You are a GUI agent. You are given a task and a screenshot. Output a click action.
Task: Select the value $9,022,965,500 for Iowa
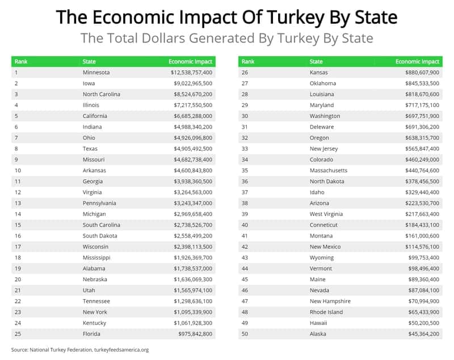pyautogui.click(x=192, y=83)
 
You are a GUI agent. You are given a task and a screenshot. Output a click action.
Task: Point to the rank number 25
pyautogui.click(x=18, y=334)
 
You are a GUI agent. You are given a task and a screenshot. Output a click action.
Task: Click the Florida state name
pyautogui.click(x=91, y=334)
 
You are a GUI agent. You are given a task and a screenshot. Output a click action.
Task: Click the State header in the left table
pyautogui.click(x=89, y=61)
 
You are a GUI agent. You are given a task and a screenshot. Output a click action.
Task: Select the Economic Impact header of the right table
pyautogui.click(x=417, y=61)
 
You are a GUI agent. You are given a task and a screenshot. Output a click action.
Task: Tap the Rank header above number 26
pyautogui.click(x=248, y=61)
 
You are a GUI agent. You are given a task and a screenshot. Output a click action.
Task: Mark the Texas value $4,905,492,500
pyautogui.click(x=192, y=149)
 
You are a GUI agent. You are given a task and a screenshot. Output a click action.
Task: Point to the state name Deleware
pyautogui.click(x=322, y=127)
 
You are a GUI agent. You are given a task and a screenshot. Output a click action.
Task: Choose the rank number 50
pyautogui.click(x=245, y=334)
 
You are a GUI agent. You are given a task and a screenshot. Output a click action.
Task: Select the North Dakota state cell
pyautogui.click(x=327, y=181)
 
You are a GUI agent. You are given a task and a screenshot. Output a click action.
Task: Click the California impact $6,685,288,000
pyautogui.click(x=192, y=116)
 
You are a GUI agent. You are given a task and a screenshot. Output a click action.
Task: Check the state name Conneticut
pyautogui.click(x=323, y=225)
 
